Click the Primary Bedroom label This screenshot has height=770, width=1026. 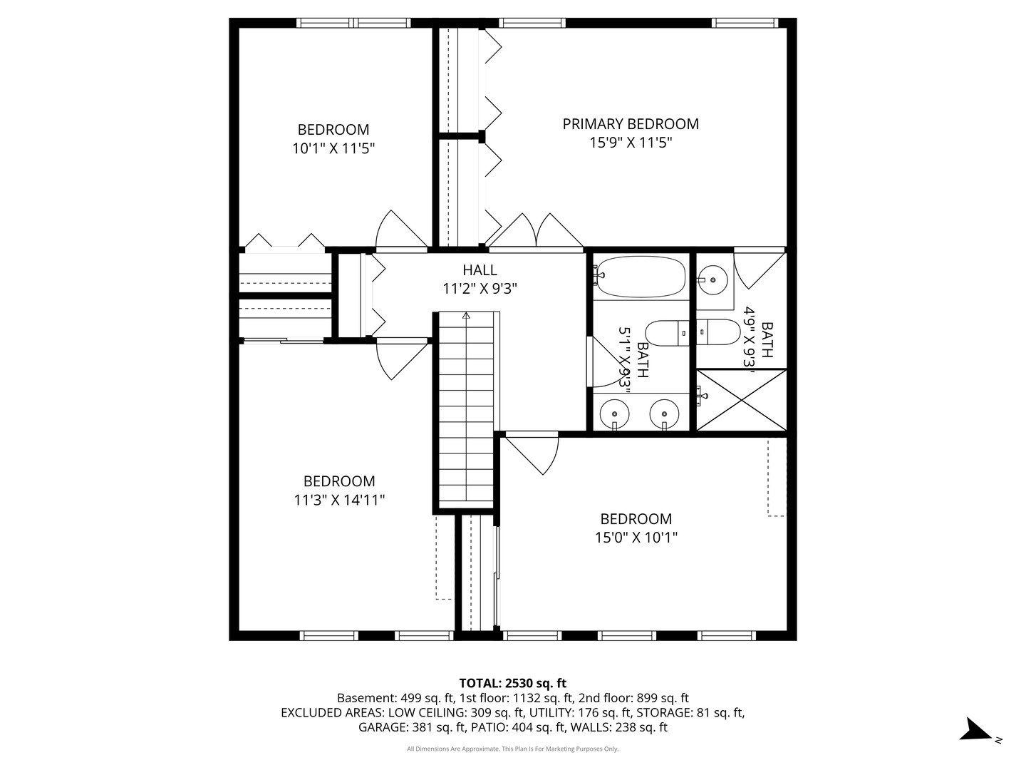pyautogui.click(x=630, y=124)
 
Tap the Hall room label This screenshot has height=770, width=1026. pyautogui.click(x=480, y=270)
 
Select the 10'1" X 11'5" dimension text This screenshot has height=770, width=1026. pyautogui.click(x=333, y=149)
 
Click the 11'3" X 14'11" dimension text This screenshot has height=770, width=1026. pyautogui.click(x=339, y=500)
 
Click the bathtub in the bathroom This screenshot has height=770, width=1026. pyautogui.click(x=641, y=277)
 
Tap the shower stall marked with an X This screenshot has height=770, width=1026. pyautogui.click(x=741, y=400)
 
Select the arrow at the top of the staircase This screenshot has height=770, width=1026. pyautogui.click(x=466, y=316)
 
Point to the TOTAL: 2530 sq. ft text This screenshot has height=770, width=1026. pyautogui.click(x=513, y=683)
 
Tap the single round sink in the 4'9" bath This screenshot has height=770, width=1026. pyautogui.click(x=712, y=280)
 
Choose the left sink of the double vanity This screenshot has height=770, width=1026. pyautogui.click(x=615, y=414)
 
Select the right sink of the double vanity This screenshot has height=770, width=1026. pyautogui.click(x=664, y=414)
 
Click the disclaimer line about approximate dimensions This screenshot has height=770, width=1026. pyautogui.click(x=513, y=749)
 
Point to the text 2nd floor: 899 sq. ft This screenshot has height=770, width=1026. pyautogui.click(x=633, y=698)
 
